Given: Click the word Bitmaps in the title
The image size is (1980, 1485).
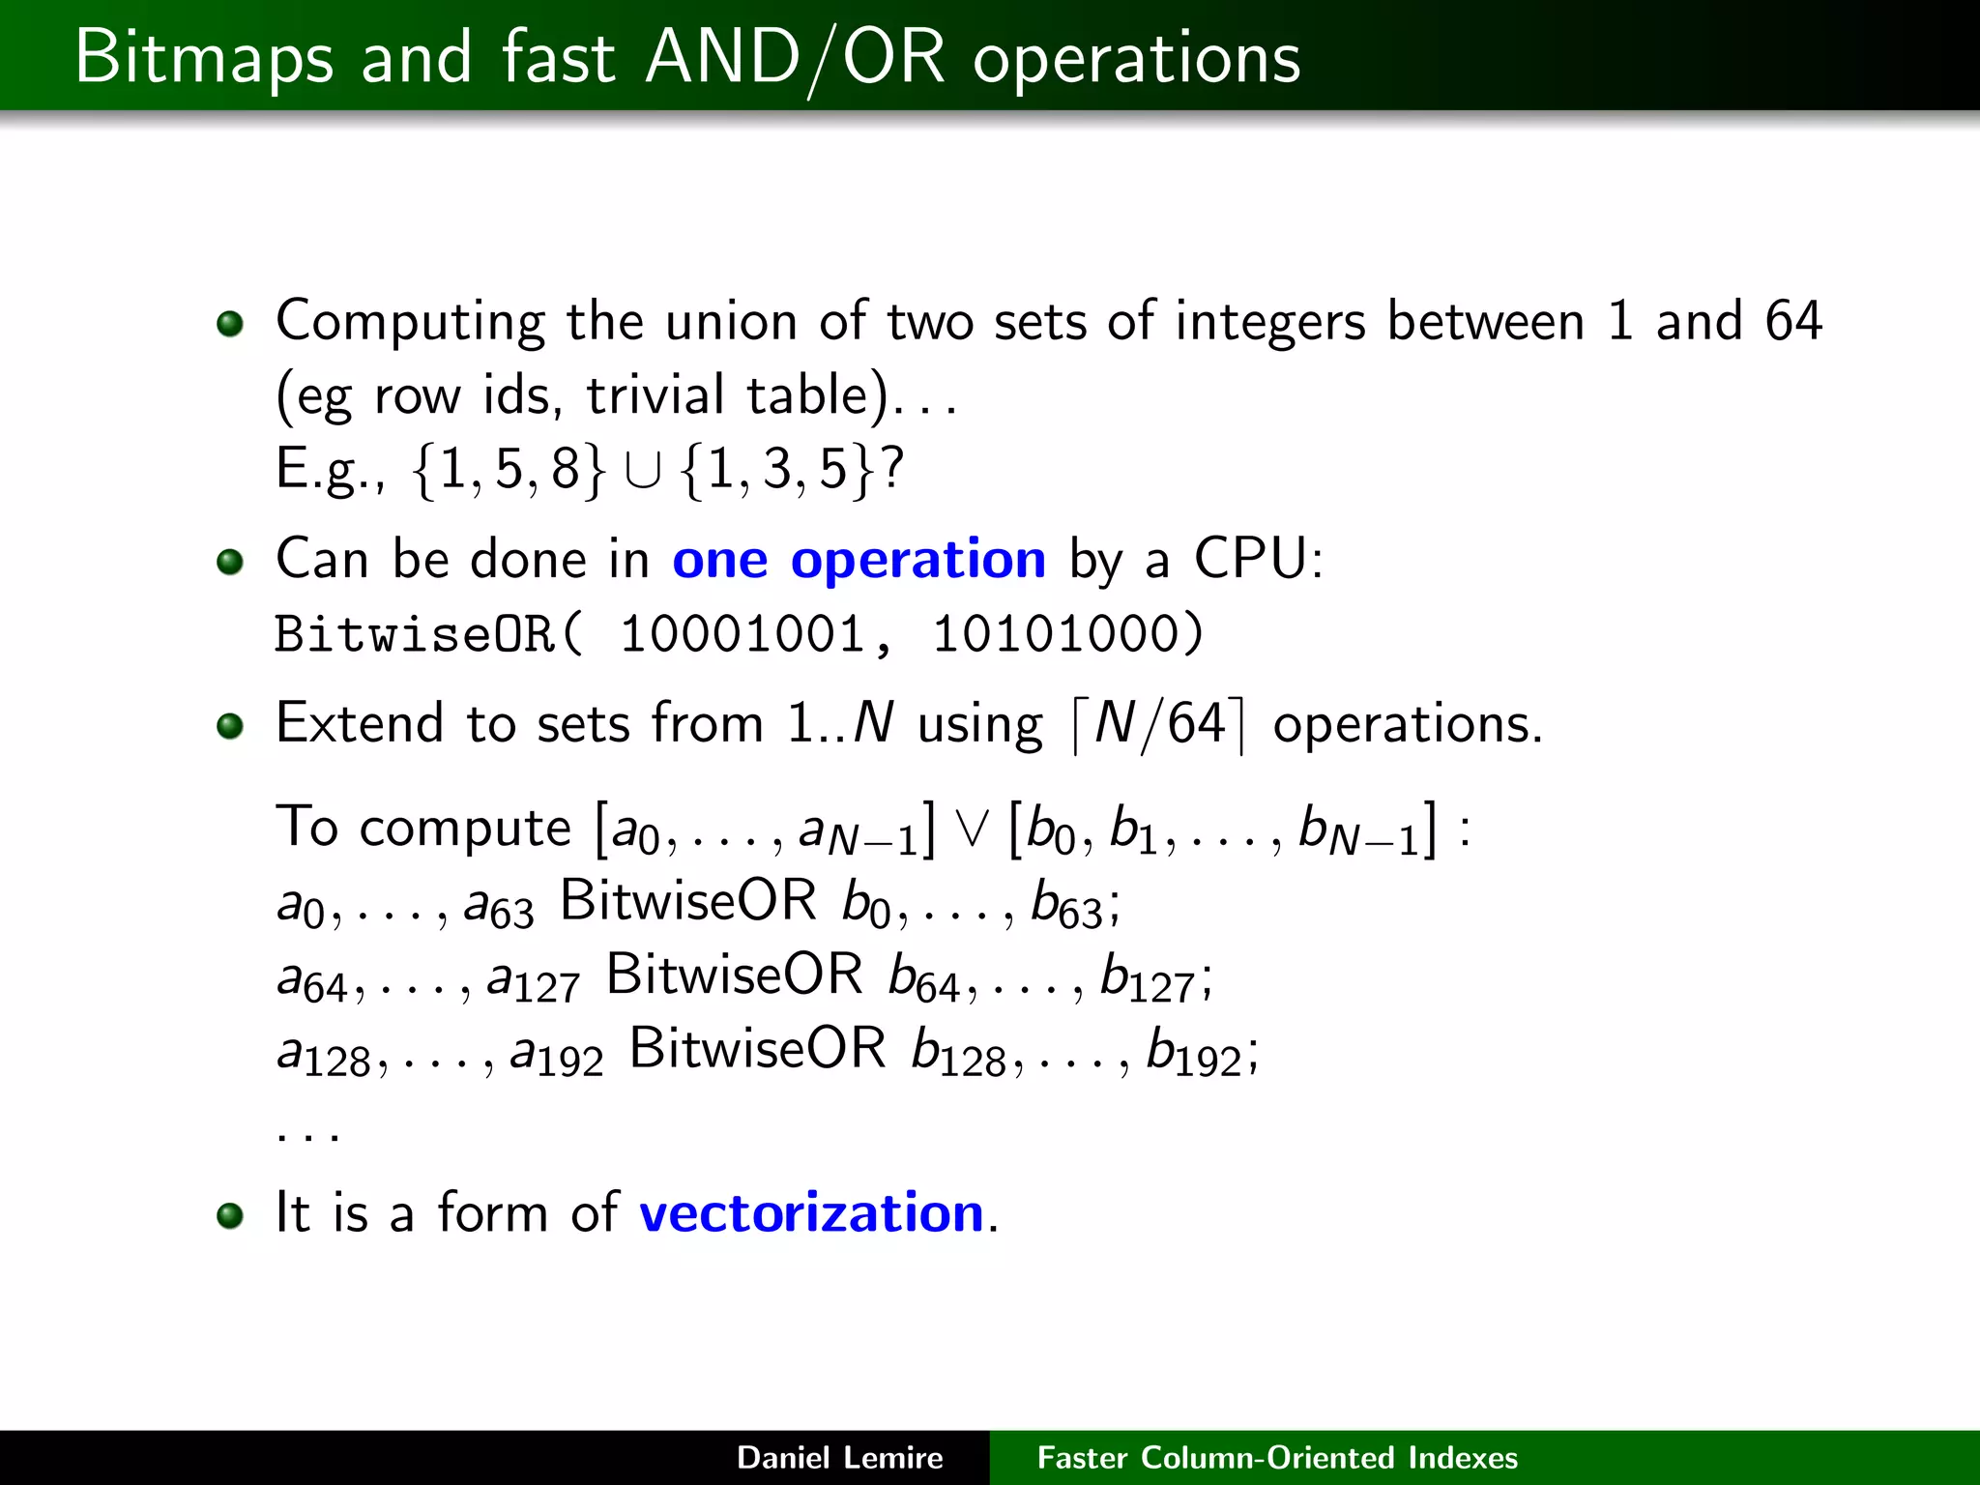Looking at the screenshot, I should (204, 58).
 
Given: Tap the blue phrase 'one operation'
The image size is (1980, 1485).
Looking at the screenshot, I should (859, 559).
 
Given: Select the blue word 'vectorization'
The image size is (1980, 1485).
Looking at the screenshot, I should (811, 1212).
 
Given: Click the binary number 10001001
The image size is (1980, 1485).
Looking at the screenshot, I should (742, 635).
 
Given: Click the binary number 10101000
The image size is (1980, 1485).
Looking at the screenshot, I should (1055, 635).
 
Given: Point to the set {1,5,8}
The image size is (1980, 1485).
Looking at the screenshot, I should (509, 470).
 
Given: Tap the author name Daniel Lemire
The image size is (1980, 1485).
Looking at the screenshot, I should (839, 1458).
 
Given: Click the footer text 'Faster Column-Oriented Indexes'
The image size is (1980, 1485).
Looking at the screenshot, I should (1276, 1458).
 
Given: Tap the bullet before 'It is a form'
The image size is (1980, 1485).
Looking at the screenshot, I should (230, 1215).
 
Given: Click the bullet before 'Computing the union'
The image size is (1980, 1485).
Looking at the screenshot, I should (230, 323).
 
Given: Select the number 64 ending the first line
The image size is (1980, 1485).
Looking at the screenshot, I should (1792, 321).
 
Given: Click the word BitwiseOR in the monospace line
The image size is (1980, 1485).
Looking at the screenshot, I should (414, 635).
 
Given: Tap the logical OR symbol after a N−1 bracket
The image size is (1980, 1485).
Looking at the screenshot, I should (971, 830).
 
